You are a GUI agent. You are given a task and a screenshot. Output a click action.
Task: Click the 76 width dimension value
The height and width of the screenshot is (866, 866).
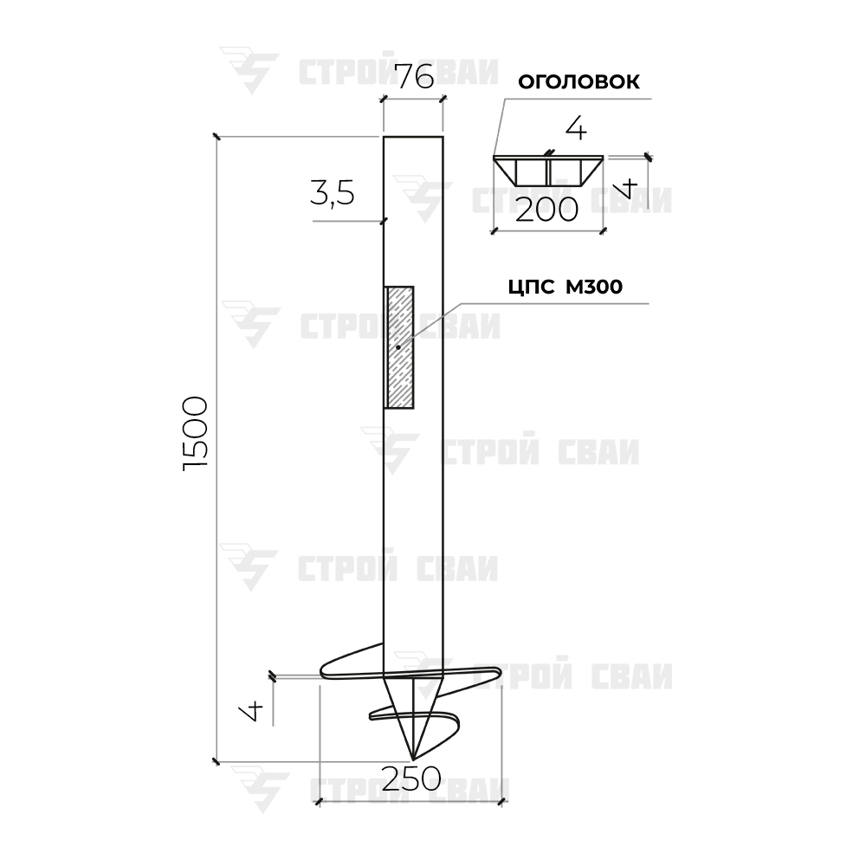(416, 76)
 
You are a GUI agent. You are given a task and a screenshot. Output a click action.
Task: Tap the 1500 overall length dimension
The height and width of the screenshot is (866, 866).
(196, 433)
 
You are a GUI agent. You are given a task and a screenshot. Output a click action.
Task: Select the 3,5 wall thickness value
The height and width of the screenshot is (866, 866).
(332, 194)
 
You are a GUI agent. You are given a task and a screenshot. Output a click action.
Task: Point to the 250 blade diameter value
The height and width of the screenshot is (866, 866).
(411, 779)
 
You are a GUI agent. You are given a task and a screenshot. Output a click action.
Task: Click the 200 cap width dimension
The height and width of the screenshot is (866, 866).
(546, 210)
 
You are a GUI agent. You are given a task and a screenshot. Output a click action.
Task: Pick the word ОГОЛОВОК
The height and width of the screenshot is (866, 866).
(578, 81)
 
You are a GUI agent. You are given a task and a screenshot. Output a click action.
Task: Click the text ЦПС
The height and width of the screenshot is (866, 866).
(531, 288)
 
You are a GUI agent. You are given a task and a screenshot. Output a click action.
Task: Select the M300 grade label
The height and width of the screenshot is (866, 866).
(594, 288)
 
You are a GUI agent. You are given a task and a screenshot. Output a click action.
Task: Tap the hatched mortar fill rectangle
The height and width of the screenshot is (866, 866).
(399, 347)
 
